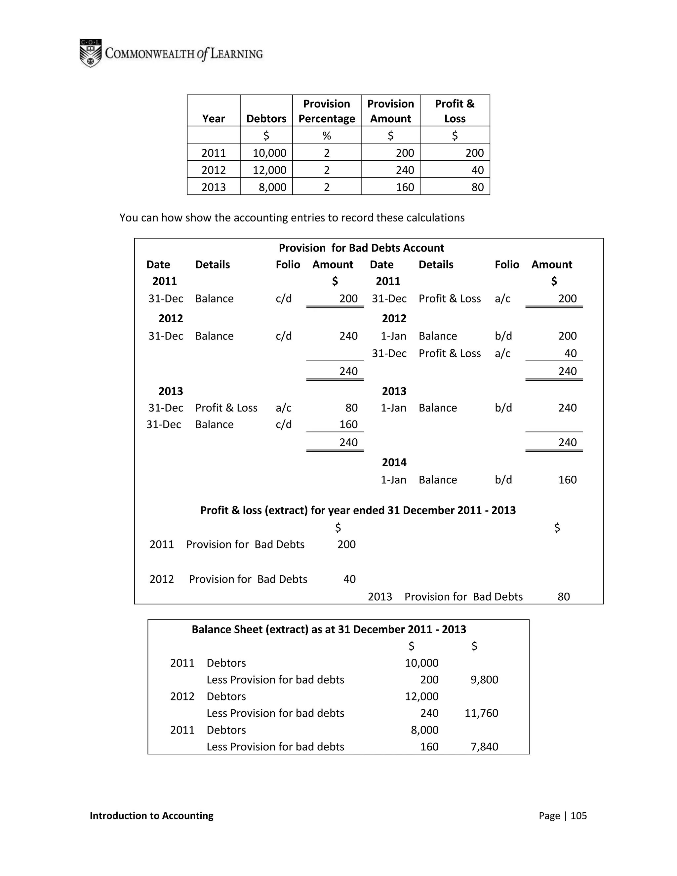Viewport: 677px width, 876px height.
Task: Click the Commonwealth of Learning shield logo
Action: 91,53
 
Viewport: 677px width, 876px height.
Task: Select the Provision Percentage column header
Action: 327,111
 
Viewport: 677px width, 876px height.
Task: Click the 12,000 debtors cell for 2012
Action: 269,170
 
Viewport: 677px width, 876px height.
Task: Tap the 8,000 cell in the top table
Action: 272,187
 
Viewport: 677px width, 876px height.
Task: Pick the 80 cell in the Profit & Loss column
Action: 477,187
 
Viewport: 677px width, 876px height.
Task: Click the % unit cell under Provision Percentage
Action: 327,136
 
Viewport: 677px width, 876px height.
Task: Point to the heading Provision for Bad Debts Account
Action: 361,248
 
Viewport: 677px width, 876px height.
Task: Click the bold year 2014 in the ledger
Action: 394,462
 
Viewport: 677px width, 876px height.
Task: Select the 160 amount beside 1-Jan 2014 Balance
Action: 567,480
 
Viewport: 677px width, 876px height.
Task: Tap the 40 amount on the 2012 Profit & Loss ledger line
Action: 570,353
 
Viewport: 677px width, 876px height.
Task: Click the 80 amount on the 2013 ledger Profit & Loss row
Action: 351,408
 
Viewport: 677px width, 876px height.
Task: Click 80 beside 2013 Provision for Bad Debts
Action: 564,597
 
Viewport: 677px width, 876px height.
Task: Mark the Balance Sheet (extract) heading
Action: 329,629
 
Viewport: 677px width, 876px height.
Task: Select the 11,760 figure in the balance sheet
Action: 481,713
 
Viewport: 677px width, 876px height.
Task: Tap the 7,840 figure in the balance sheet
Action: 484,747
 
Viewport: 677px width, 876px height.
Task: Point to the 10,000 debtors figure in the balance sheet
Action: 421,663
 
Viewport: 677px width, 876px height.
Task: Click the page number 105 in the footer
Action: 578,816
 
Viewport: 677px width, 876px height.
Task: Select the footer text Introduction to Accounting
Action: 152,816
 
